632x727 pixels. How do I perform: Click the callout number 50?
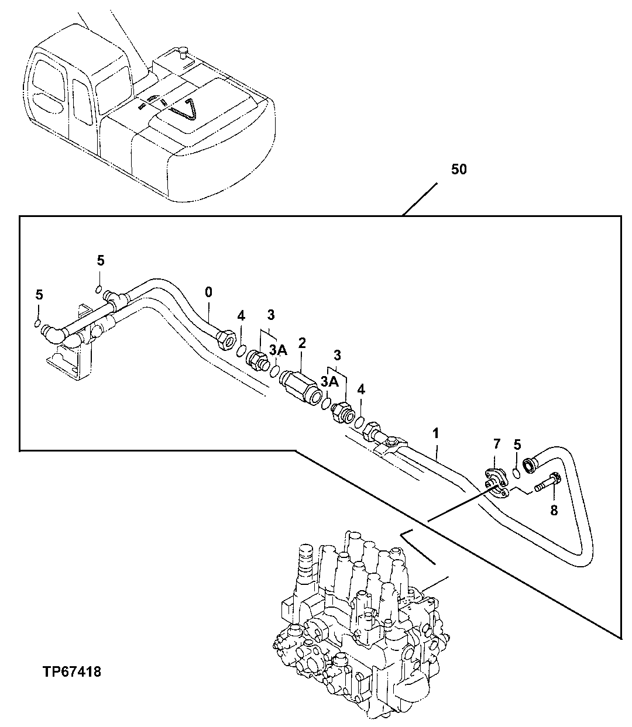pos(459,170)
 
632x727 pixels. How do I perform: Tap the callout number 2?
pos(302,343)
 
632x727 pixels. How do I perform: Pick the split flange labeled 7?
pos(496,483)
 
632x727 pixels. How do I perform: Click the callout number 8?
pos(553,510)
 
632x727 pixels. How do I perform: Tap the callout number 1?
pos(435,433)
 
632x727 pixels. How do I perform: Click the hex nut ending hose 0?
pos(225,339)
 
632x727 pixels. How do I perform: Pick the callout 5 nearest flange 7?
pos(517,445)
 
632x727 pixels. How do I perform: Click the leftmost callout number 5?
pos(39,295)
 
